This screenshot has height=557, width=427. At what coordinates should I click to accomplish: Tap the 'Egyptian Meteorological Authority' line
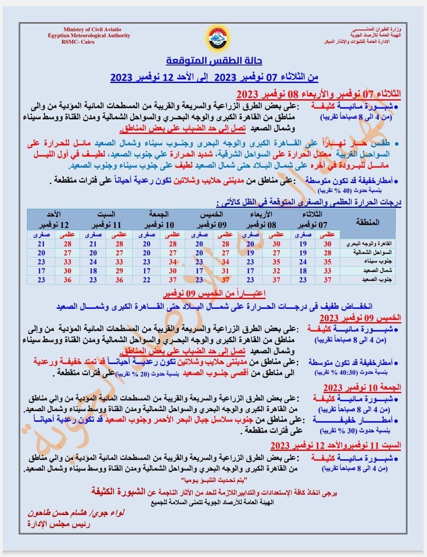(89, 36)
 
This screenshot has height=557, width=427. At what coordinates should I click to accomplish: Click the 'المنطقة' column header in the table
(368, 222)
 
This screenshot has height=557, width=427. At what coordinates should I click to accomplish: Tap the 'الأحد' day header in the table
(54, 214)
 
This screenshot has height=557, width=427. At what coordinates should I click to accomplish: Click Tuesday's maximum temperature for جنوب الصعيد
(327, 280)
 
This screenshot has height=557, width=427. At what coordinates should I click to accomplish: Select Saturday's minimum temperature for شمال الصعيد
(93, 271)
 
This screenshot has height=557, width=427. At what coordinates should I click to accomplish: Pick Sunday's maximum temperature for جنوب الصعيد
(67, 280)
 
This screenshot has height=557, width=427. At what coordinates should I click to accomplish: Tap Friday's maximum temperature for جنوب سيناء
(172, 262)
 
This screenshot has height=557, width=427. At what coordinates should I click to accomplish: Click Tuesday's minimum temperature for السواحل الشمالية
(303, 253)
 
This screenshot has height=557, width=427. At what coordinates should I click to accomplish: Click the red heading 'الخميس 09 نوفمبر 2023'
(360, 318)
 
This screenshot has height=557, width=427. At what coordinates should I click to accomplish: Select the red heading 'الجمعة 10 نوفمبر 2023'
(362, 388)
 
